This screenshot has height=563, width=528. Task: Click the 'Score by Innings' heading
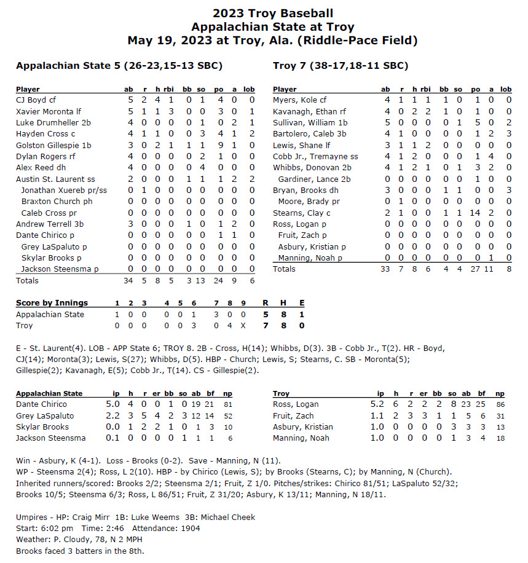pyautogui.click(x=52, y=302)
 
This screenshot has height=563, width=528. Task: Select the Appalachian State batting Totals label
pyautogui.click(x=27, y=280)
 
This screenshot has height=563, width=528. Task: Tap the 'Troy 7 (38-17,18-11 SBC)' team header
pyautogui.click(x=340, y=65)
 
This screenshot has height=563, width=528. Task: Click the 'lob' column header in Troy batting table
pyautogui.click(x=506, y=89)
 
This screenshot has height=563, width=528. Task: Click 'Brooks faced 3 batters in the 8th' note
pyautogui.click(x=80, y=551)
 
